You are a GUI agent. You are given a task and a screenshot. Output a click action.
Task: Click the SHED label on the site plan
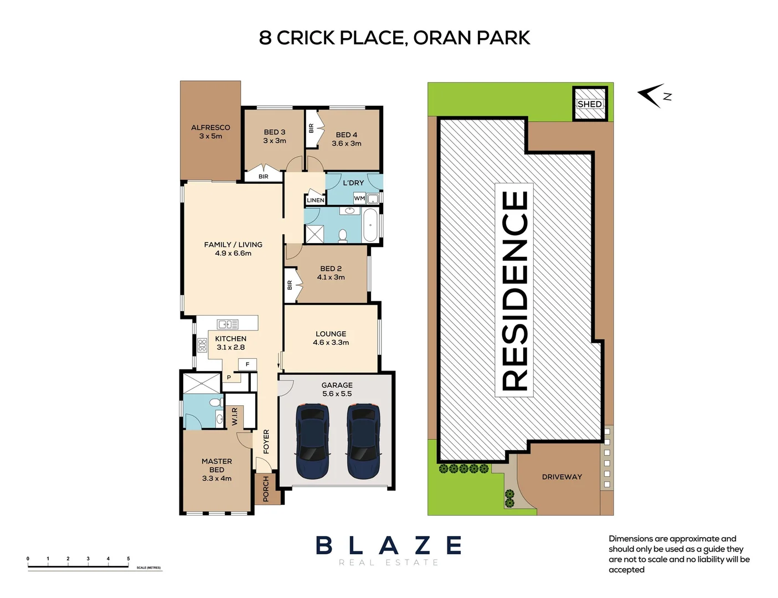click(589, 104)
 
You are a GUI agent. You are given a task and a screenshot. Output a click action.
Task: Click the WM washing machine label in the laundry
click(359, 198)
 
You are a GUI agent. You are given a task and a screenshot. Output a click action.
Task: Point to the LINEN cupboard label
click(316, 200)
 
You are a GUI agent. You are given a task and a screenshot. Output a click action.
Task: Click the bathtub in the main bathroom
click(370, 225)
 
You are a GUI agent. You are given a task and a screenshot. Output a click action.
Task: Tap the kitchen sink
click(228, 324)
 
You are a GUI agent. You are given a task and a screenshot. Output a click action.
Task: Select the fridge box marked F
click(248, 364)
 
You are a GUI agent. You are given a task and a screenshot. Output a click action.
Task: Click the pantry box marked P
click(229, 378)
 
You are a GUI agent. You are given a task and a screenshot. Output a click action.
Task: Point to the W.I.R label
click(235, 416)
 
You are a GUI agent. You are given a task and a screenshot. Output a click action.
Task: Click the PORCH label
click(266, 488)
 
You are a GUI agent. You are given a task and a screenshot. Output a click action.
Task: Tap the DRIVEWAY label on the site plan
click(561, 477)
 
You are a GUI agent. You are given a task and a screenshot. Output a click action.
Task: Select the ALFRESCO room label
click(210, 127)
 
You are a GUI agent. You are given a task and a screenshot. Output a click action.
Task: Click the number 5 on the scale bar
click(128, 559)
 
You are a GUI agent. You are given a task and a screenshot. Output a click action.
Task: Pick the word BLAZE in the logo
click(389, 545)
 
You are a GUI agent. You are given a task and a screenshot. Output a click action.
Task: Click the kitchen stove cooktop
click(202, 346)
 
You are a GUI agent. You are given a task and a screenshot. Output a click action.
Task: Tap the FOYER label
click(266, 441)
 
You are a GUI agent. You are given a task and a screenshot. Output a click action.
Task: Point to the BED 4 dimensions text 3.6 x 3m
click(347, 143)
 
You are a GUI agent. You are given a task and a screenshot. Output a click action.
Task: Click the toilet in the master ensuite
click(214, 403)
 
